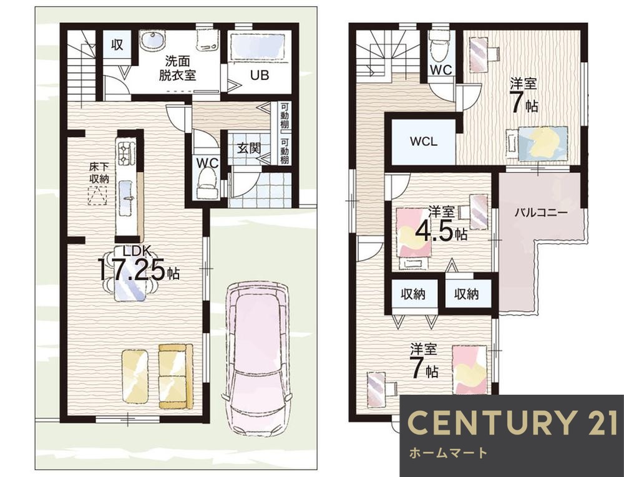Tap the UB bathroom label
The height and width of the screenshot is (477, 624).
(x=260, y=75)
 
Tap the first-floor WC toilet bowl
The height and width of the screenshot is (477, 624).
(x=207, y=183)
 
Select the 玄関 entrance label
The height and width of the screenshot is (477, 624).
(x=249, y=148)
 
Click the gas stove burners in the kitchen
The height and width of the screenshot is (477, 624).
(x=126, y=152)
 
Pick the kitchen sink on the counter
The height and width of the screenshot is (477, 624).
(x=127, y=193)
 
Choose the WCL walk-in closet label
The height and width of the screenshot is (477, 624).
(x=424, y=142)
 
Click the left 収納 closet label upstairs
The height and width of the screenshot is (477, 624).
(x=413, y=294)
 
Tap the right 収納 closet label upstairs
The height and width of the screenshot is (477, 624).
(x=466, y=294)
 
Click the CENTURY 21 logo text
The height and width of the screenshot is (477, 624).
(x=514, y=423)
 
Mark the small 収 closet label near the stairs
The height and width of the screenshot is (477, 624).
(x=117, y=45)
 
